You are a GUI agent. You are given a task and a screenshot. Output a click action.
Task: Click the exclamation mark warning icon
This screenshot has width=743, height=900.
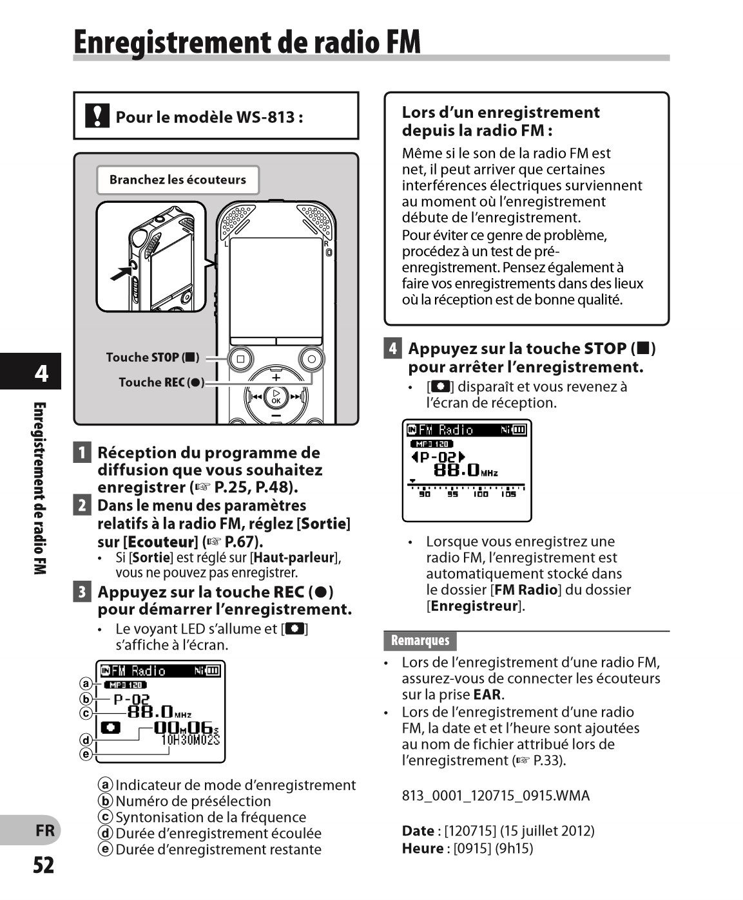(x=97, y=116)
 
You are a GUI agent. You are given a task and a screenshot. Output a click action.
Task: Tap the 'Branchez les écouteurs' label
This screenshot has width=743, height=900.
(x=177, y=180)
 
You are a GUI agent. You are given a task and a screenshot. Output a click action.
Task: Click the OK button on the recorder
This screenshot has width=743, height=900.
(x=276, y=397)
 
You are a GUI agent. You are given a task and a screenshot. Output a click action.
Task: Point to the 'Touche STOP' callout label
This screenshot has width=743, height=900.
(x=152, y=357)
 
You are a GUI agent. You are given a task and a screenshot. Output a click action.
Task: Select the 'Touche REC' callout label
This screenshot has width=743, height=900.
(x=161, y=382)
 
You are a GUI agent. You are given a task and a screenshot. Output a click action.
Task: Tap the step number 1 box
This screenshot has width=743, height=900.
(x=82, y=453)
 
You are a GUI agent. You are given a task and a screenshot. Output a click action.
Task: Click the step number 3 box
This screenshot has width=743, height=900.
(x=82, y=592)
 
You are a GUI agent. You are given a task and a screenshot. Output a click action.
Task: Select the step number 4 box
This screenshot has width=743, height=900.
(x=392, y=349)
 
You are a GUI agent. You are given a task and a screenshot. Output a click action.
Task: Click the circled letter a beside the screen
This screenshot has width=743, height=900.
(x=86, y=684)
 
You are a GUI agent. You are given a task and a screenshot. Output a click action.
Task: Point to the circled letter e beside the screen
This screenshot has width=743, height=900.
(x=86, y=753)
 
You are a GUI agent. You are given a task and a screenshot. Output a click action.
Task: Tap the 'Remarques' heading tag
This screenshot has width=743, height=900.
(x=420, y=641)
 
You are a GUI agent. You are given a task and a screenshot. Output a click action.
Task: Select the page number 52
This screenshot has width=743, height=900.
(x=44, y=865)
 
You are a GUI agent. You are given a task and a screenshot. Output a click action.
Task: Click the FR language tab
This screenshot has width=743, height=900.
(x=44, y=830)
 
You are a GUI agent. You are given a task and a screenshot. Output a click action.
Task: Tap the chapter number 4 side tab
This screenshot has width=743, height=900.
(x=41, y=373)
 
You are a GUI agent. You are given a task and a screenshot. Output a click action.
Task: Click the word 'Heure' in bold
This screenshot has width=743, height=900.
(x=422, y=848)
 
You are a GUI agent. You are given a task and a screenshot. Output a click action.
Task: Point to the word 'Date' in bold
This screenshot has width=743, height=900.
(x=418, y=830)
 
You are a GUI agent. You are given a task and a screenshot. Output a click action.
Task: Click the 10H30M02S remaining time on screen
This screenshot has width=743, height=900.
(x=190, y=740)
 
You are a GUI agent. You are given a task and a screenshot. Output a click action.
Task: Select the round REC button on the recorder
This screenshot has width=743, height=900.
(x=311, y=359)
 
